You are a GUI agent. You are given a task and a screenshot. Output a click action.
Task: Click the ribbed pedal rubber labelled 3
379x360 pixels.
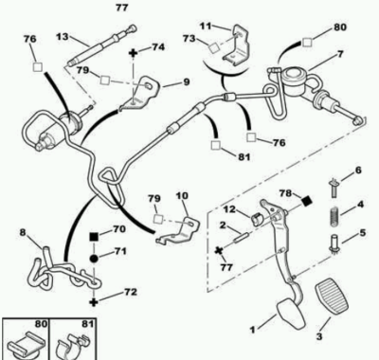tap(332, 297)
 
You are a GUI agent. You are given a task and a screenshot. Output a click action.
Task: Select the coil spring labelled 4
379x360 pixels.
tap(334, 217)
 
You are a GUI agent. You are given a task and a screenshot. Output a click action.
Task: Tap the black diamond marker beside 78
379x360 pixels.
tap(306, 201)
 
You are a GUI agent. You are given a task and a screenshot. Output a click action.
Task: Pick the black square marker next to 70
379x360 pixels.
tap(94, 236)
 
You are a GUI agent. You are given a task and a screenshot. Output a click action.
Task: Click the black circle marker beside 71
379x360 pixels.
tap(94, 259)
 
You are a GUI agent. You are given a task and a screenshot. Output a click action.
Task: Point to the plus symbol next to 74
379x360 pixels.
tap(134, 52)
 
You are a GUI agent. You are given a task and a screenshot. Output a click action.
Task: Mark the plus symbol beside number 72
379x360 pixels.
tap(94, 302)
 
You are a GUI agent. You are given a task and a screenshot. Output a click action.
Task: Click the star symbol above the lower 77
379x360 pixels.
tap(218, 251)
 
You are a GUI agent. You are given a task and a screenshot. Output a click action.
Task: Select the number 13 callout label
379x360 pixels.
tap(63, 37)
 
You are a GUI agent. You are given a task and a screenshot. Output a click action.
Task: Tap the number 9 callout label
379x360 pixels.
tap(187, 82)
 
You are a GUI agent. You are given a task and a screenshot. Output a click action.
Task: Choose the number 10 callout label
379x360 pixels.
tap(182, 196)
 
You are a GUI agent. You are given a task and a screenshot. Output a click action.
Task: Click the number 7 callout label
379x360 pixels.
tap(340, 54)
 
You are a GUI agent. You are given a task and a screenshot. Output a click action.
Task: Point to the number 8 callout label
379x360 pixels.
tap(23, 233)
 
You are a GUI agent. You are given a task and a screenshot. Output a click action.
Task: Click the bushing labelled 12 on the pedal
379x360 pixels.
tap(259, 218)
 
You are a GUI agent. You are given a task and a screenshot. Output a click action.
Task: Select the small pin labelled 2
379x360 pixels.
tap(242, 237)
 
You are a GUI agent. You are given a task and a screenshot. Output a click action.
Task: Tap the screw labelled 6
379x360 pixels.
tap(334, 188)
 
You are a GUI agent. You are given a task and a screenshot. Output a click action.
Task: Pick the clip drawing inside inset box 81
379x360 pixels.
tap(73, 345)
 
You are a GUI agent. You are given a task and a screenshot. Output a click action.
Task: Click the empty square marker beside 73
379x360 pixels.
tap(214, 48)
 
